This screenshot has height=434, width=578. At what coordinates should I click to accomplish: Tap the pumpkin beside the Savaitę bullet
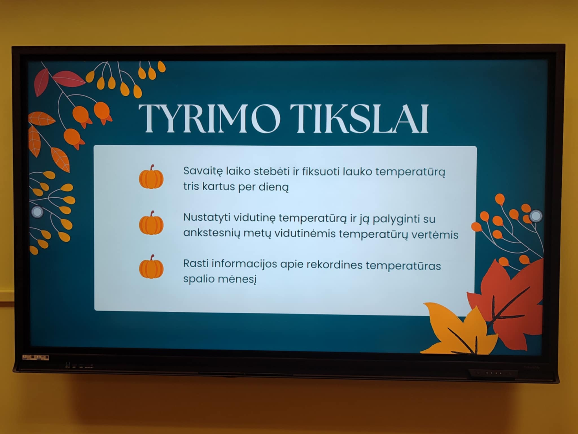click(151, 177)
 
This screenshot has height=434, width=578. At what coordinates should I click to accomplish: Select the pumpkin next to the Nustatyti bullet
click(151, 223)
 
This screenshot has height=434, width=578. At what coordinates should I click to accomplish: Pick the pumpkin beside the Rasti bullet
click(151, 267)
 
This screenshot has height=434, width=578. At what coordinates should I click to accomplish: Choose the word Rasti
click(196, 263)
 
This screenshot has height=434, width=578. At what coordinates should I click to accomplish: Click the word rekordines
click(330, 265)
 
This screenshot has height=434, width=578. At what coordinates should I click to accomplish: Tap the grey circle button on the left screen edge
click(37, 212)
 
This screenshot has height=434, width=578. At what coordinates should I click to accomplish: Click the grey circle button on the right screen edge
click(536, 216)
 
